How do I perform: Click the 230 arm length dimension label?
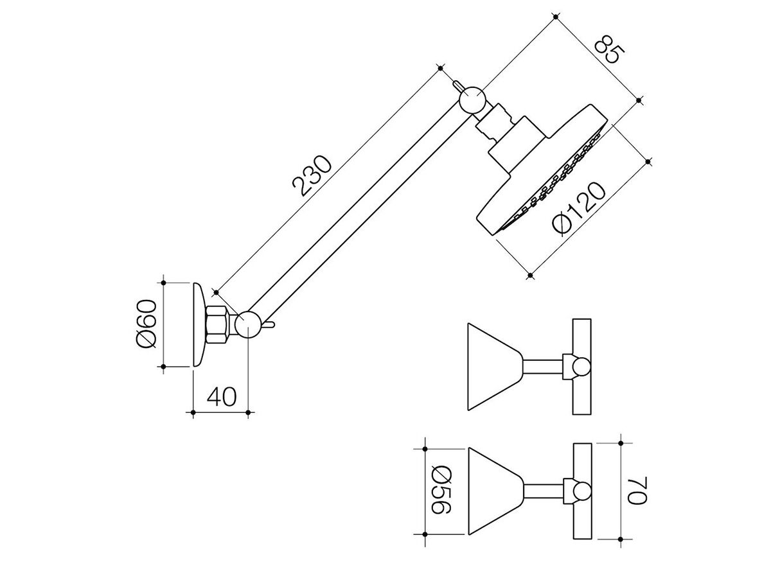pos(312,175)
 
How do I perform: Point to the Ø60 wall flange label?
pos(145,323)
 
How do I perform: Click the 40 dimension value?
pos(222,396)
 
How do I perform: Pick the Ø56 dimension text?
pos(441,490)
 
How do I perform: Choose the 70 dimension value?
pos(637,490)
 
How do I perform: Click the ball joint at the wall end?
pos(247,324)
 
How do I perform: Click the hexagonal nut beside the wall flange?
pos(217,324)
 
